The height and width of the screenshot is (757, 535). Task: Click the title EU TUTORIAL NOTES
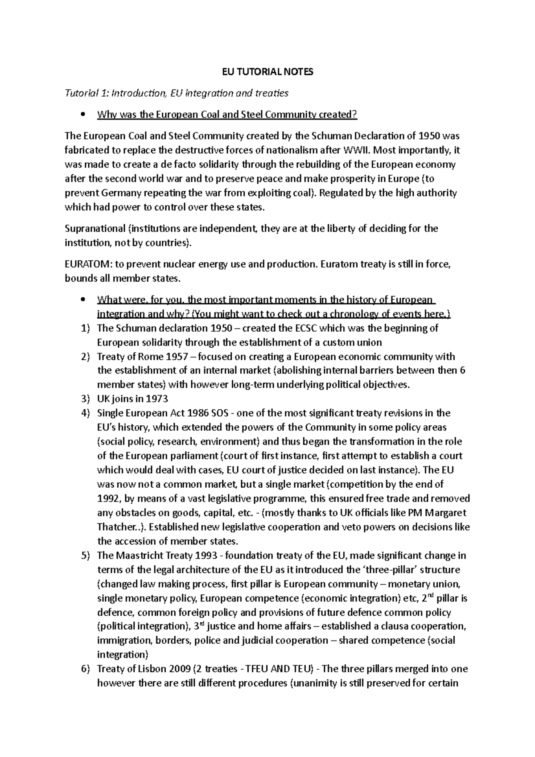click(x=268, y=72)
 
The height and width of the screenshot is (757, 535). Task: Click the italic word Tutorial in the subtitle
click(x=81, y=93)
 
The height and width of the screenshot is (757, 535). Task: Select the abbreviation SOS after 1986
click(x=218, y=413)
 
